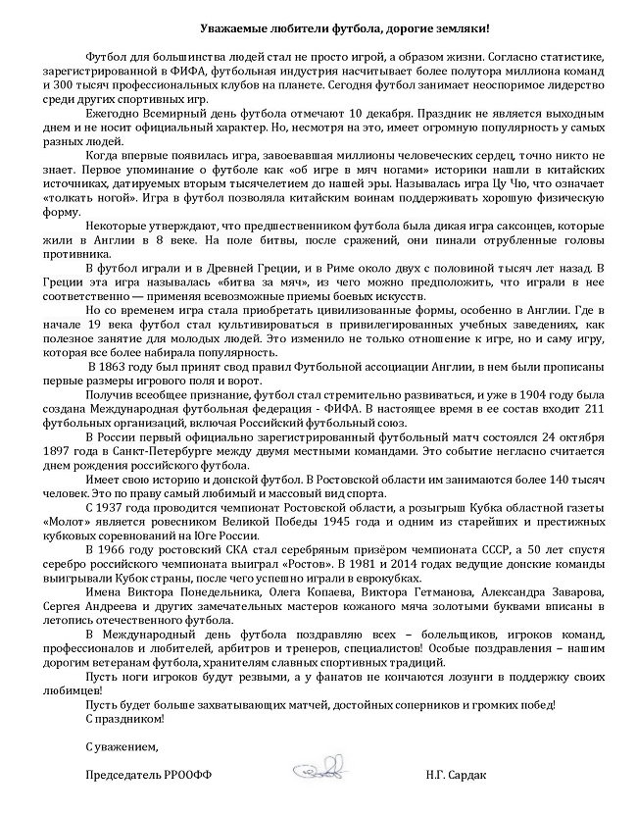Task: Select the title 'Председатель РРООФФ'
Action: tap(148, 775)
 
